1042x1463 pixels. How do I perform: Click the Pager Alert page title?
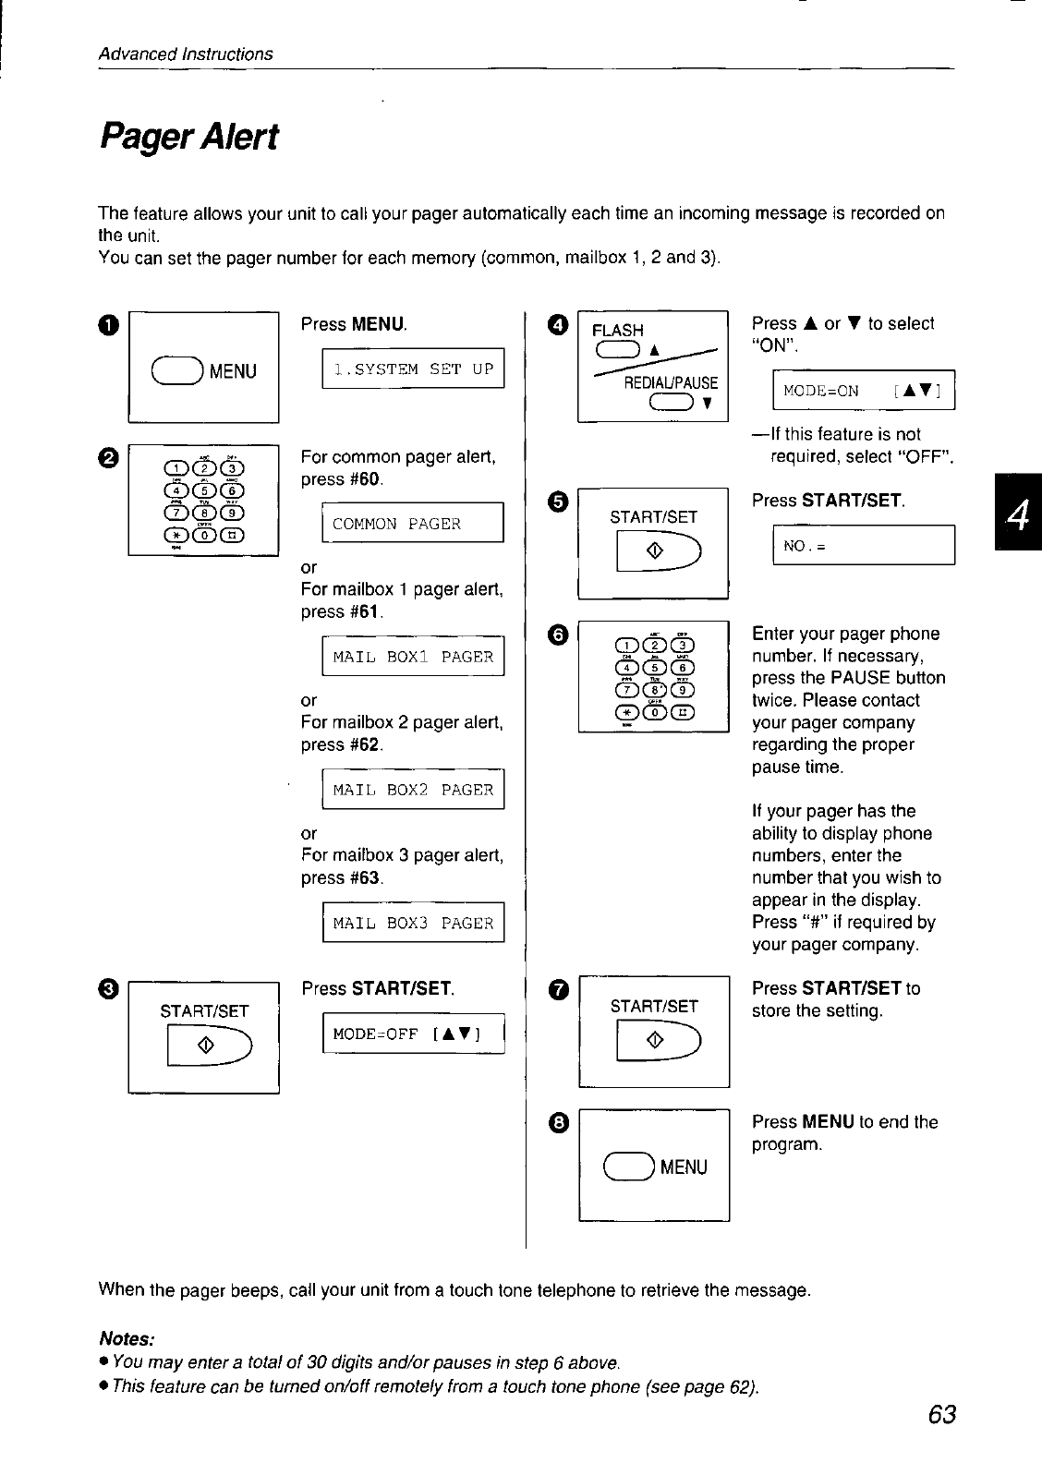[188, 139]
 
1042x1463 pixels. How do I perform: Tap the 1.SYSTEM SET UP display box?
[413, 369]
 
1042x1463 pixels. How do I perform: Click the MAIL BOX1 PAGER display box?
[413, 657]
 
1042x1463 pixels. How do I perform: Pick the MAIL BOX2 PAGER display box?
[413, 790]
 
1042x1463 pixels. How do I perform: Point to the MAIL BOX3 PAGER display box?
[413, 923]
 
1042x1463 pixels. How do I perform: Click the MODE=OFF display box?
[413, 1034]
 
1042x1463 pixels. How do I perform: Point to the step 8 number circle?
[558, 1122]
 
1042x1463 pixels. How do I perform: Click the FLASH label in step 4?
[617, 330]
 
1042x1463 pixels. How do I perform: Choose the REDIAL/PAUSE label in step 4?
[671, 382]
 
